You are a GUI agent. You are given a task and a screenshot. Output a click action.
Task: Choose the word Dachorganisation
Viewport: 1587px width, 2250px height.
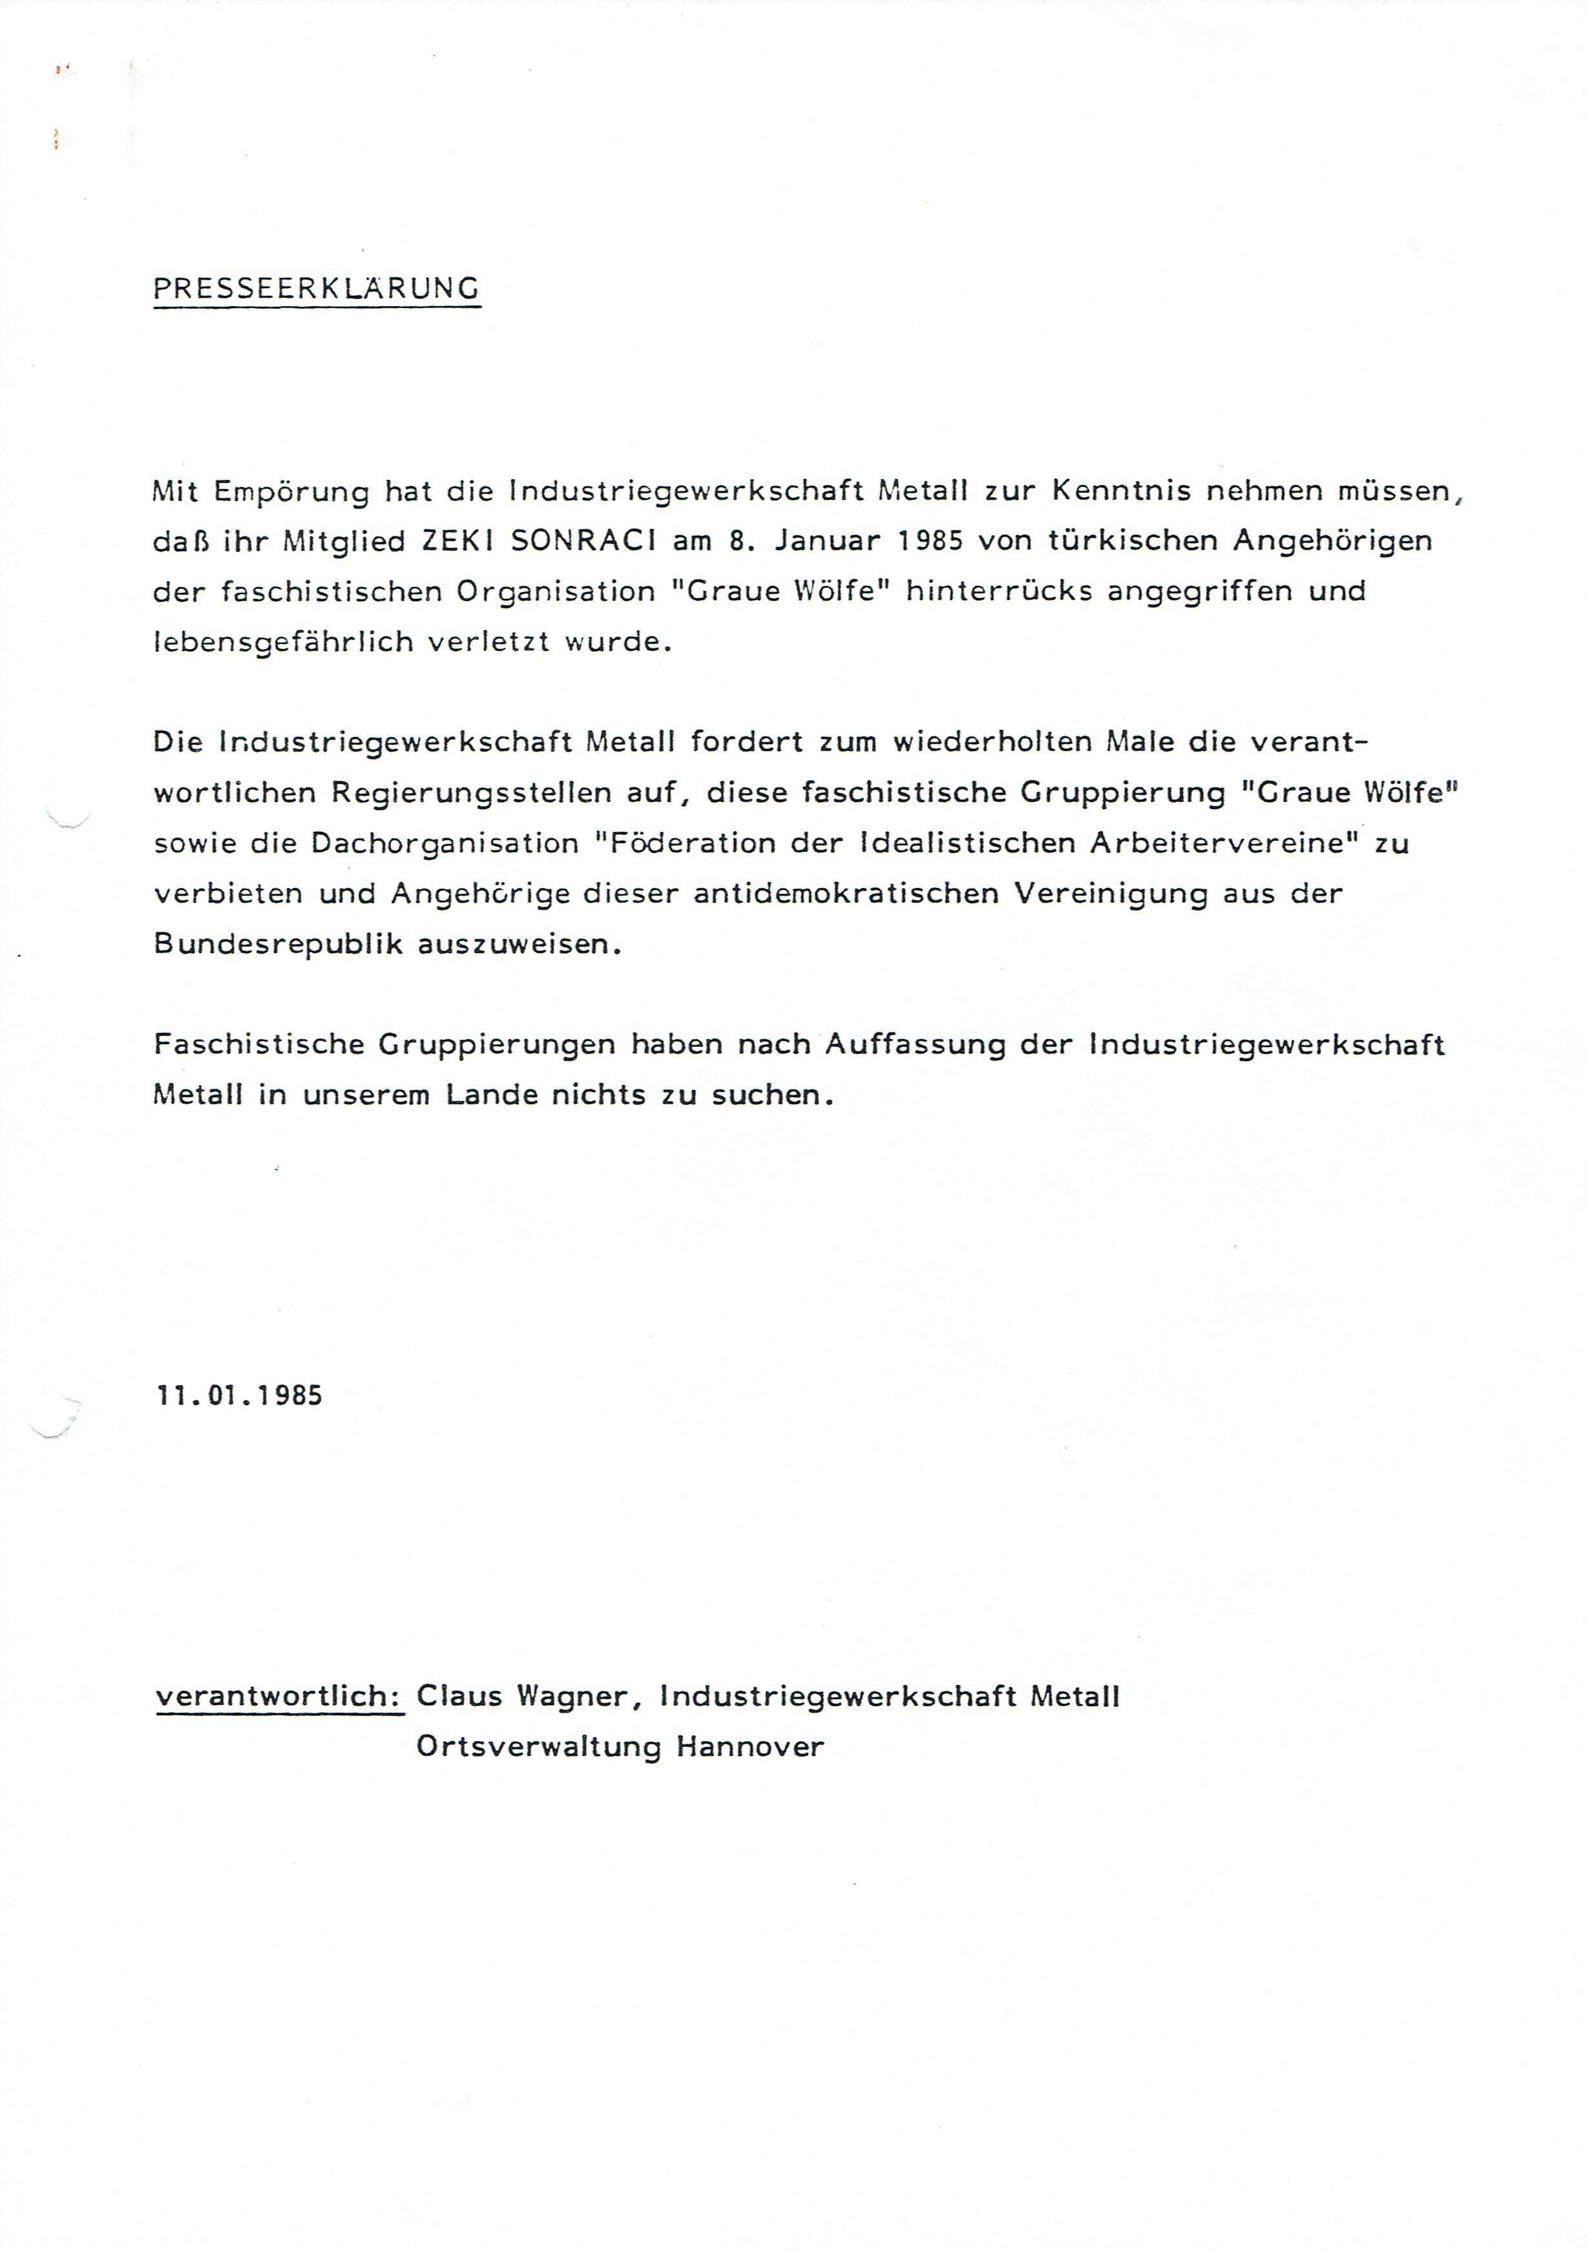coord(445,843)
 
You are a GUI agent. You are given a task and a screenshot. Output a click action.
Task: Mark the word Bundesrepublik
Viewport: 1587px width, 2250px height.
coord(279,945)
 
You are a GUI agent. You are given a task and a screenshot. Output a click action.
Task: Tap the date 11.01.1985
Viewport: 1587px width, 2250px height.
coord(239,1396)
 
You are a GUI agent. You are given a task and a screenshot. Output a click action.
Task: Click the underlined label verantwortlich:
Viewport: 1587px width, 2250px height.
coord(279,1697)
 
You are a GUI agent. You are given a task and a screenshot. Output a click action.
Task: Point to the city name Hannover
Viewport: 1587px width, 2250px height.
coord(750,1746)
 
